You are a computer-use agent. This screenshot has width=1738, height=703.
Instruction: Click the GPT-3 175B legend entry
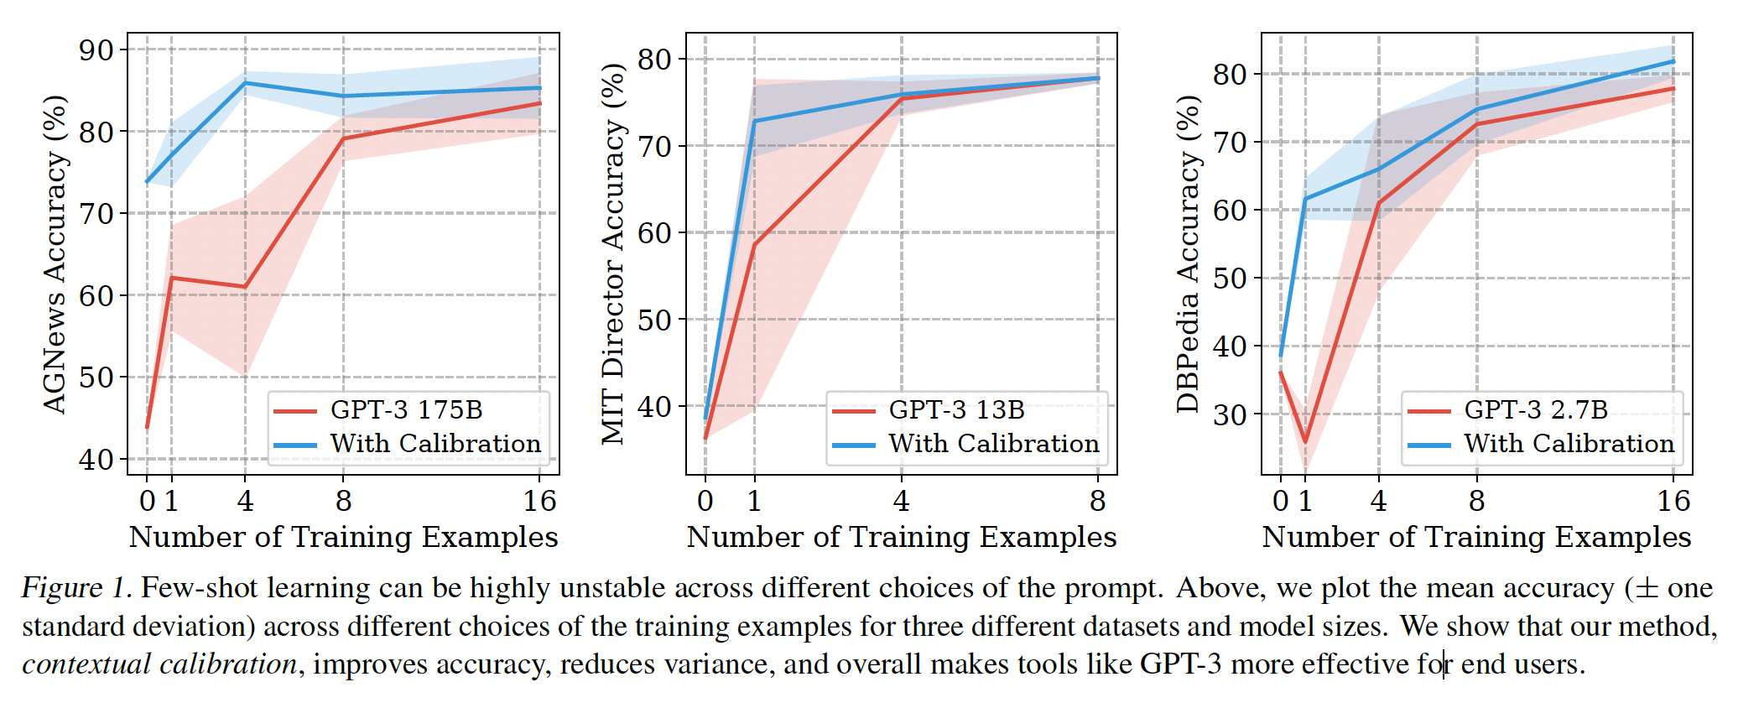coord(407,409)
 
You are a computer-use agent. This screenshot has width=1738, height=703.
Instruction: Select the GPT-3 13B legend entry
coord(956,409)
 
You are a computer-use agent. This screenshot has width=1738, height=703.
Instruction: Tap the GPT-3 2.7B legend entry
coord(1536,409)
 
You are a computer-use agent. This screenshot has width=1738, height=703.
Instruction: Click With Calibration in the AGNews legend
coord(435,443)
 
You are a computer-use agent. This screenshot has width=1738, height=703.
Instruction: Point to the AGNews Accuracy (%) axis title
coord(55,254)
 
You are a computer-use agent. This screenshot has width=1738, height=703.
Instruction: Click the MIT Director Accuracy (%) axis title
coord(614,254)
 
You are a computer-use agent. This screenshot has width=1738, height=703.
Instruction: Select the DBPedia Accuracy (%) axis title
coord(1188,254)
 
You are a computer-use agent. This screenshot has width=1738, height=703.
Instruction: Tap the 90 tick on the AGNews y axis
coord(96,50)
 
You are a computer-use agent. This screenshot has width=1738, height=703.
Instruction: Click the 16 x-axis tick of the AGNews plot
coord(539,501)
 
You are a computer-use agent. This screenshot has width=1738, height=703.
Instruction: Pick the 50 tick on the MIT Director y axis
coord(654,320)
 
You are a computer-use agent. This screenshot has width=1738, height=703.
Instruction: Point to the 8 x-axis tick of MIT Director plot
coord(1097,501)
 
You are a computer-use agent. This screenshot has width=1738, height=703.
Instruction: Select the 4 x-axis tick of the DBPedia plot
coord(1378,501)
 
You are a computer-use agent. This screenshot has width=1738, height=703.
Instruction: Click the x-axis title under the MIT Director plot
coord(902,537)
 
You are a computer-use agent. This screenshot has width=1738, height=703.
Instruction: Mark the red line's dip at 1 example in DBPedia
coord(1305,441)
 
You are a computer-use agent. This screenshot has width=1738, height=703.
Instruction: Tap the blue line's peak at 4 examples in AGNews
coord(245,83)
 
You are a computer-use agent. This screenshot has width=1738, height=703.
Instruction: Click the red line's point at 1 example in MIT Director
coord(754,246)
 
